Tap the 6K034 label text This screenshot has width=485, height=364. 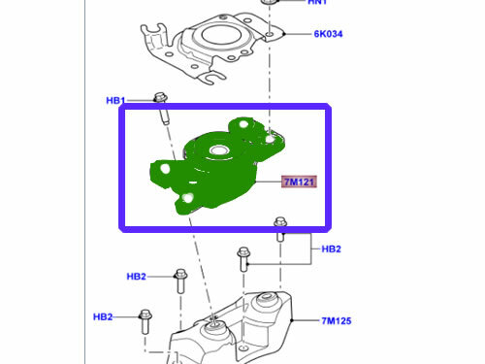point(329,34)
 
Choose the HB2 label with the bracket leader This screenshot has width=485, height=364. point(331,248)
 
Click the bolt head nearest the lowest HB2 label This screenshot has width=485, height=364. point(145,314)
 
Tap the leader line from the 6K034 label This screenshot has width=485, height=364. point(297,34)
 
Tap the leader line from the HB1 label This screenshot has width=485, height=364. point(141,99)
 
